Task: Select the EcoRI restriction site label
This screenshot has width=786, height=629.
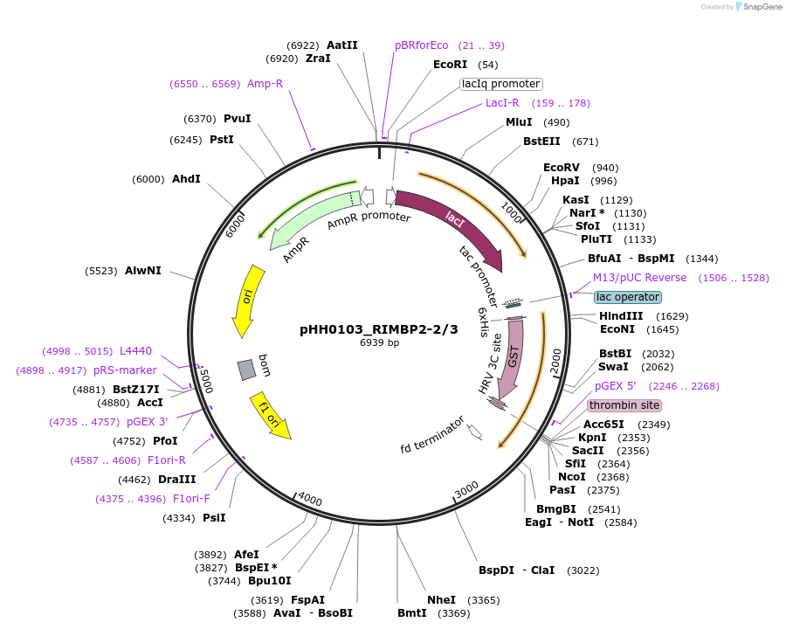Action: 450,65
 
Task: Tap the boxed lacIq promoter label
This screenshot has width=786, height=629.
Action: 501,84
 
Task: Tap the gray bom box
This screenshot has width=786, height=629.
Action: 247,370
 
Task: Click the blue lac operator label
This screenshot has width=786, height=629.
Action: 628,297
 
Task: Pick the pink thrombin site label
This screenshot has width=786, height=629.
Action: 624,405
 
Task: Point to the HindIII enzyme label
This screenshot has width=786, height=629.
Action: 621,316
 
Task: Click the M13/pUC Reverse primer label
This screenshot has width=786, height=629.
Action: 639,278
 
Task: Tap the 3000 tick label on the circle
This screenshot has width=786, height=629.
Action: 467,487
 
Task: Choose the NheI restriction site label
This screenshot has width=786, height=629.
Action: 441,600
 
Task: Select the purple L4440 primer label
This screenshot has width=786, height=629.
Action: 135,351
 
